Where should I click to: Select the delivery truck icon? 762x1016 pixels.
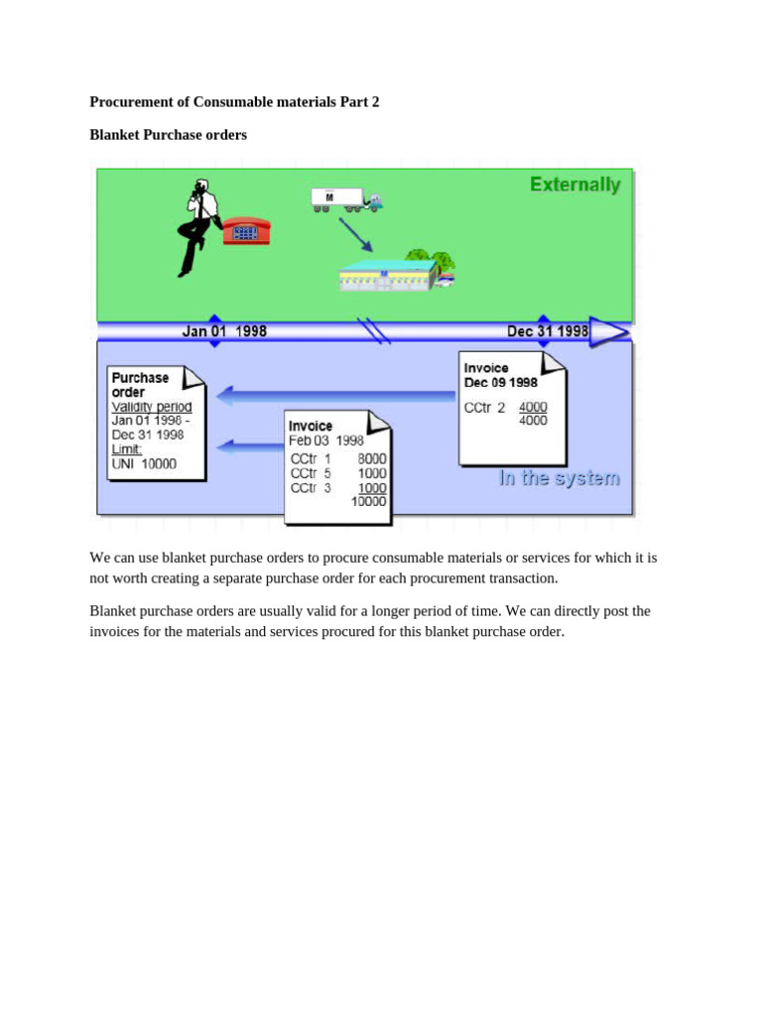[345, 199]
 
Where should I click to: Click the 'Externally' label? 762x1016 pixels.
[574, 185]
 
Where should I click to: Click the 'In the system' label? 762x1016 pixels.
[559, 478]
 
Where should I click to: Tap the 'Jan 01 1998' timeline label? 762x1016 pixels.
[224, 331]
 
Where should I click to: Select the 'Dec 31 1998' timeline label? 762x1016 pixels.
[548, 331]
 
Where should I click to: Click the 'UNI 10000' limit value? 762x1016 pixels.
[144, 463]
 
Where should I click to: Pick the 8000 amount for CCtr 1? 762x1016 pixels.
[373, 459]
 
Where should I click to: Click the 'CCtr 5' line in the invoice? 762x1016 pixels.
[311, 473]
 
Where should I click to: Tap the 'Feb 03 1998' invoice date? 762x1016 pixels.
[326, 441]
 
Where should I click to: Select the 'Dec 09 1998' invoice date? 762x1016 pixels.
[501, 382]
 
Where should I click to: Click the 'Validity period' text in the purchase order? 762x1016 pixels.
[152, 407]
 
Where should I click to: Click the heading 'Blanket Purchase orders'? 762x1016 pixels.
[168, 134]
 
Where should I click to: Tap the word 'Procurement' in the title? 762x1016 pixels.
[132, 101]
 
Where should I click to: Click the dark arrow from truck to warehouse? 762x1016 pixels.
[354, 234]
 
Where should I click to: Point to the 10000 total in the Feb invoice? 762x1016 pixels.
[369, 501]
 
